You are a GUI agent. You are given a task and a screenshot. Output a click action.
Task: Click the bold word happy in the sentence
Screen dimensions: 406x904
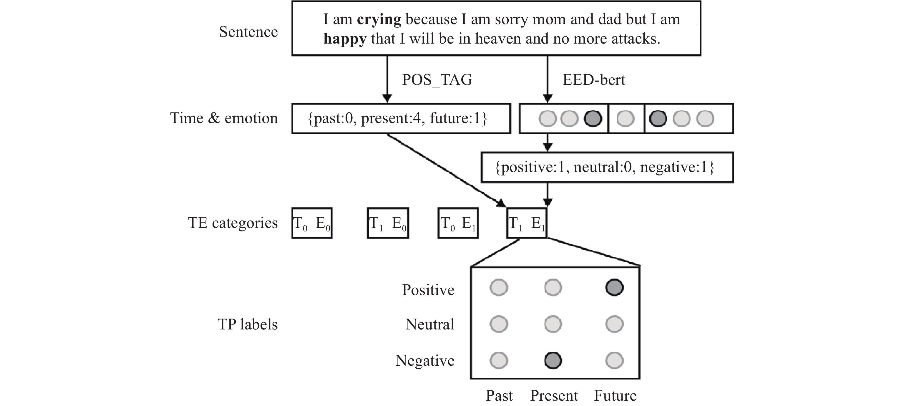pyautogui.click(x=345, y=39)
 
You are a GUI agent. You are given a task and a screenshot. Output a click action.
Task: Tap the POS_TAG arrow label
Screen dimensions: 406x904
pyautogui.click(x=437, y=80)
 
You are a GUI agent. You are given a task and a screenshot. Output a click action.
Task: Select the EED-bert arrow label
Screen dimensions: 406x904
pyautogui.click(x=594, y=80)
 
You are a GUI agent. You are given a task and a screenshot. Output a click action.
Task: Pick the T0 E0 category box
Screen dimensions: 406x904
pyautogui.click(x=312, y=223)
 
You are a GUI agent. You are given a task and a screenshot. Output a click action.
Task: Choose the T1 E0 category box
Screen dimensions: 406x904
pyautogui.click(x=388, y=223)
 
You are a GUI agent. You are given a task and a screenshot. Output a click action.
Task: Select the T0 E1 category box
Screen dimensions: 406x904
pyautogui.click(x=458, y=223)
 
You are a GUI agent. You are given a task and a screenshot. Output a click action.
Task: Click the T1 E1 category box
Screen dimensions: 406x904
pyautogui.click(x=526, y=223)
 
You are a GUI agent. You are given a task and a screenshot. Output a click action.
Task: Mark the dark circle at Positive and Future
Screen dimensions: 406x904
pyautogui.click(x=614, y=288)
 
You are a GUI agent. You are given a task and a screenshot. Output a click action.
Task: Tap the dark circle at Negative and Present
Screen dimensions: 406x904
pyautogui.click(x=553, y=361)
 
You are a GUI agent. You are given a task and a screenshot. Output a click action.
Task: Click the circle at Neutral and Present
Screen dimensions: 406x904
pyautogui.click(x=553, y=324)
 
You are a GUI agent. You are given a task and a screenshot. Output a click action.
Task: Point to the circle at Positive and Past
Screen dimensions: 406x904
pyautogui.click(x=499, y=288)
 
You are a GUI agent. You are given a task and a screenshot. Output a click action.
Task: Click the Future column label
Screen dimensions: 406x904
pyautogui.click(x=615, y=396)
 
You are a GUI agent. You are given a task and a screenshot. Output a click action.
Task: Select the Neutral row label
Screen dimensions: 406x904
pyautogui.click(x=429, y=324)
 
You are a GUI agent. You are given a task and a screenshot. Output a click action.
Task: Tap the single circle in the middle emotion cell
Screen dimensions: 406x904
pyautogui.click(x=625, y=119)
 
